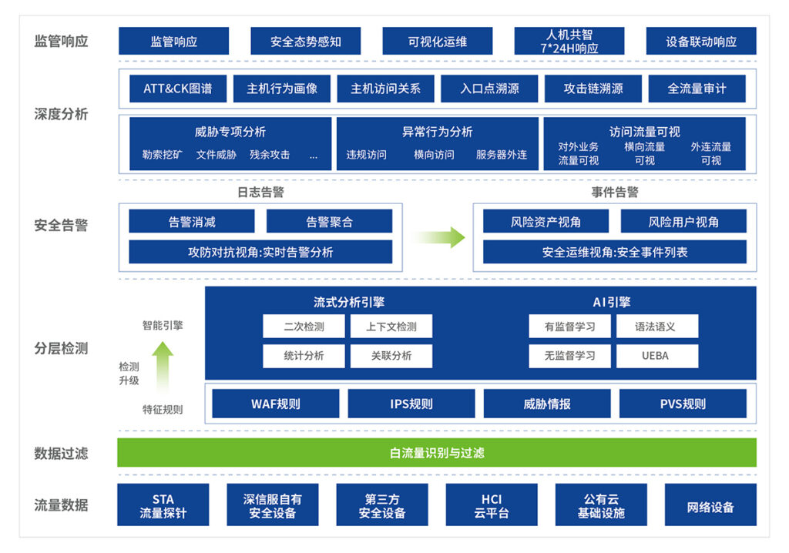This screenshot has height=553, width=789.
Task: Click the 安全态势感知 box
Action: click(305, 42)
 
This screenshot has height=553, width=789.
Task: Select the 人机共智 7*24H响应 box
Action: click(569, 42)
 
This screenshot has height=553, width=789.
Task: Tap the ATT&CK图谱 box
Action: click(177, 89)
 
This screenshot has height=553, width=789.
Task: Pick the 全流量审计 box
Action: click(697, 89)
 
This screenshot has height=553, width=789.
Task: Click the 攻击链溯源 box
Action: click(593, 89)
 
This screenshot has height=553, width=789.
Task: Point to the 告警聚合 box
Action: click(329, 222)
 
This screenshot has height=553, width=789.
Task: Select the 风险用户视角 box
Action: click(683, 222)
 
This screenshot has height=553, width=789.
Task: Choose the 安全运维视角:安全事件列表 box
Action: click(614, 252)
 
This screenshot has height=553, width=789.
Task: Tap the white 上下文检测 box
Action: click(391, 327)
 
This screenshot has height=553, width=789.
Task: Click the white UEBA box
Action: click(656, 356)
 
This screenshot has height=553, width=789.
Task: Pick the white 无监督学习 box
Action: click(569, 356)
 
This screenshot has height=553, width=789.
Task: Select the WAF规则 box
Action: click(275, 404)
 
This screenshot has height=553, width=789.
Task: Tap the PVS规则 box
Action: click(683, 404)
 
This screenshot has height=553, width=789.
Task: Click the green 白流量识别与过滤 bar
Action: click(437, 453)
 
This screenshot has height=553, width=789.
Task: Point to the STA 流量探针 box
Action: click(163, 505)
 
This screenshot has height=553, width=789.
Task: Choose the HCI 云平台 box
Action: click(492, 505)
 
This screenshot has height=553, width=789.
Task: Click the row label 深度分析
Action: click(61, 114)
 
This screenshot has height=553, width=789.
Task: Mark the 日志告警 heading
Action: click(260, 193)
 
